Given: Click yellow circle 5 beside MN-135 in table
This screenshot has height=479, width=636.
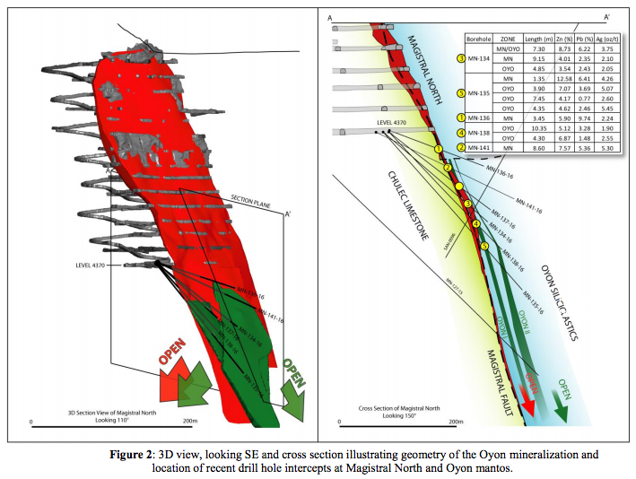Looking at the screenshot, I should [461, 93].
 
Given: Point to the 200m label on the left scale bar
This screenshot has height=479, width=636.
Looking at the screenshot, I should [188, 420].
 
